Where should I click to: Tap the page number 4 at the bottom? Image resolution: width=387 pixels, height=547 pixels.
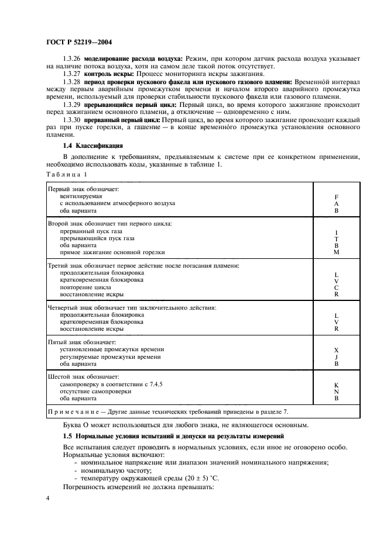coord(48,498)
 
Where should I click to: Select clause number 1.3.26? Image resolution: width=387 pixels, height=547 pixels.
coord(72,60)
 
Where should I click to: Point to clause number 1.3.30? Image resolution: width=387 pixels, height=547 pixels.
coord(72,120)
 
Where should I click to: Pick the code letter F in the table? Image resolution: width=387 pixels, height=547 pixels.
coord(336,197)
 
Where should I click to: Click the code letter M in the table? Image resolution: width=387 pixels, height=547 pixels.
coord(336,252)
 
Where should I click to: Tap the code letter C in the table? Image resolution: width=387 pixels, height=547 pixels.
coord(336,288)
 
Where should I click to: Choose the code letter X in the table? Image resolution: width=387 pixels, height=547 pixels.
coord(336,349)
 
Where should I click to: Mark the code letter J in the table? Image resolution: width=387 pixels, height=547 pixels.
coord(336,356)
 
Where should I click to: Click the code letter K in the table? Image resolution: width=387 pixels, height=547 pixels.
coord(336,385)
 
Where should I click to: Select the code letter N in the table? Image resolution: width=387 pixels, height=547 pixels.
coord(336,392)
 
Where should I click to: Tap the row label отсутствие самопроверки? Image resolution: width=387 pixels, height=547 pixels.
coord(96,392)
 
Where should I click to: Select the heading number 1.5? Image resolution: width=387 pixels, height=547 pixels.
coord(67,436)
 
